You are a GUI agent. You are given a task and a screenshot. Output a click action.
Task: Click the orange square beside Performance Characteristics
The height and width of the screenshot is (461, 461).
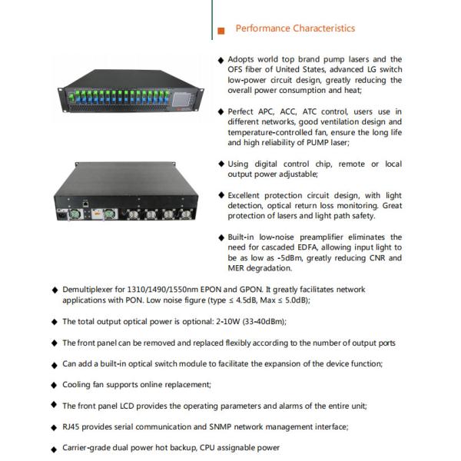(221, 31)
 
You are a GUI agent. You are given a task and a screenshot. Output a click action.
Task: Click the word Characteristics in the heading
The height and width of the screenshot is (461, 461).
(324, 28)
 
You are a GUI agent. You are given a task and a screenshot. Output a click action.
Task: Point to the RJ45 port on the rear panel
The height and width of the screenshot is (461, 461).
(85, 203)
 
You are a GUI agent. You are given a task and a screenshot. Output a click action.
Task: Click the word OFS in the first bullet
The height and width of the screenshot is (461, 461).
(235, 69)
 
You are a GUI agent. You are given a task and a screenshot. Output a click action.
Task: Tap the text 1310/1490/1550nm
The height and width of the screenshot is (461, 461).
(163, 290)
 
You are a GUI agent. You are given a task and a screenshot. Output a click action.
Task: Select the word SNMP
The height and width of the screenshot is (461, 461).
(221, 426)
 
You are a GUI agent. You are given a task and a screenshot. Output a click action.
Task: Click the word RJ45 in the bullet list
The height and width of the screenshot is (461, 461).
(71, 426)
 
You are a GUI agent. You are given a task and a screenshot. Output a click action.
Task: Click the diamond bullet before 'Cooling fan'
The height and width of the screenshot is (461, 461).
(54, 385)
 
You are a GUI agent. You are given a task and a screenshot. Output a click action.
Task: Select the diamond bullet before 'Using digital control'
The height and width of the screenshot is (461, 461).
(221, 164)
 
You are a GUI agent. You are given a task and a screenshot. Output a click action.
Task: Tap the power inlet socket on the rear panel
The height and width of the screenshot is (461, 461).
(63, 214)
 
